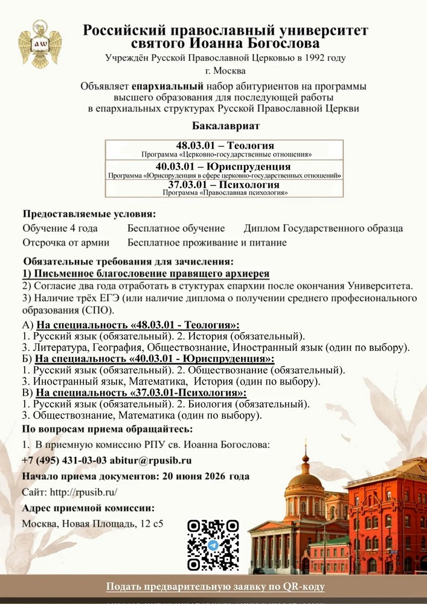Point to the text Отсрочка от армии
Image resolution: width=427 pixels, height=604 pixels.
(x=66, y=243)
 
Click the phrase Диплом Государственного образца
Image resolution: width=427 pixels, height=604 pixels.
(x=323, y=228)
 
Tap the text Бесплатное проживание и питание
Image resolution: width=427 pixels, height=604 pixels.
(x=207, y=243)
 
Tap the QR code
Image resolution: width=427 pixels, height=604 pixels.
(x=213, y=545)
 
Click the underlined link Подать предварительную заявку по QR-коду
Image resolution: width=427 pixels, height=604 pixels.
(x=215, y=586)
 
